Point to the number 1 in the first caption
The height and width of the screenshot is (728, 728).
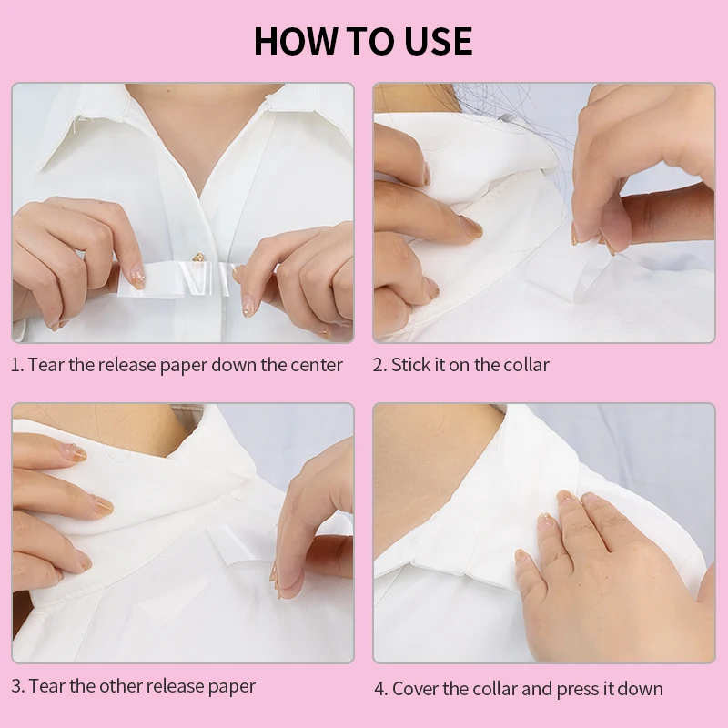point(15,365)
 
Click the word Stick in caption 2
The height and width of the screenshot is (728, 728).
point(410,365)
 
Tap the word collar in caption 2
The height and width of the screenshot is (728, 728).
point(524,365)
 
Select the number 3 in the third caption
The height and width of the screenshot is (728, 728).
point(16,685)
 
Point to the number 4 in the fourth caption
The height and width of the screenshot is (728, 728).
point(379,689)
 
